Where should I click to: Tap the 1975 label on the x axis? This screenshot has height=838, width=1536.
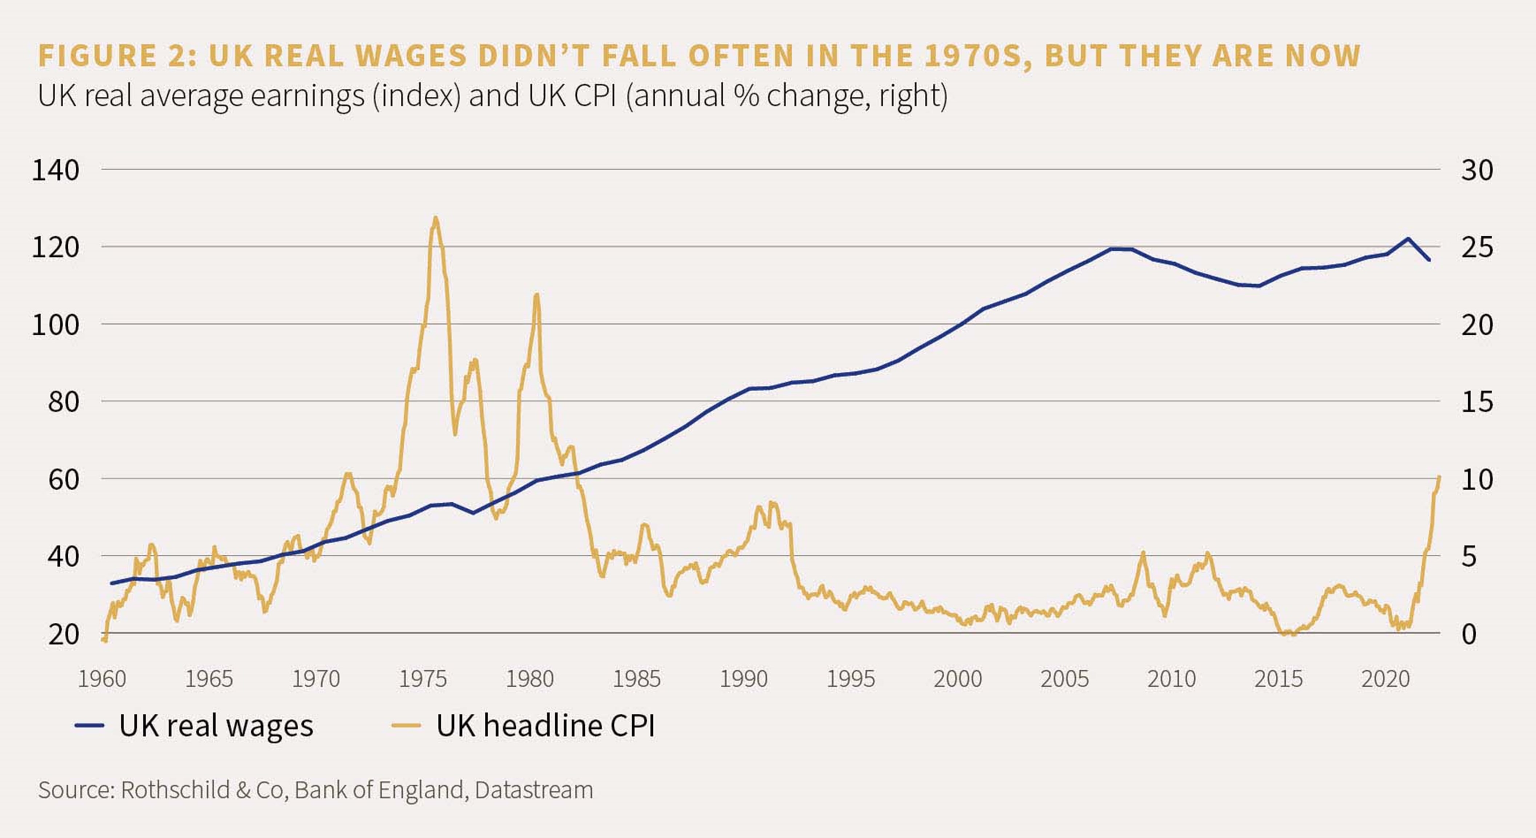click(423, 679)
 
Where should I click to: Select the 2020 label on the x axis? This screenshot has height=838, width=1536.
click(1385, 679)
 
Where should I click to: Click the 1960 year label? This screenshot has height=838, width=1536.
click(102, 679)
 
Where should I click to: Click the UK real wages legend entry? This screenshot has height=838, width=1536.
click(194, 725)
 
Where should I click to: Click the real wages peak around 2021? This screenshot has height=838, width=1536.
click(1408, 239)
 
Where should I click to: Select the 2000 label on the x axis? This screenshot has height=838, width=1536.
click(957, 679)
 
